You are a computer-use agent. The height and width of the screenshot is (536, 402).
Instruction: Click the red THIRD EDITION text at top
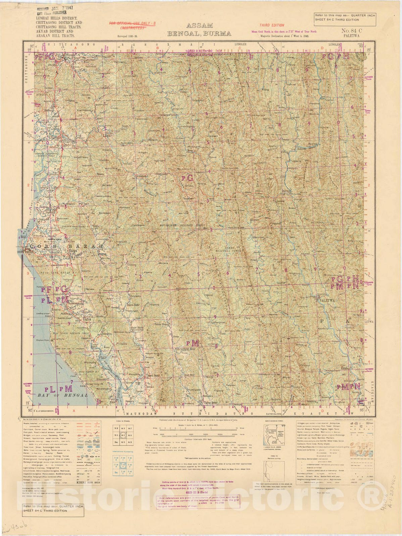pos(271,25)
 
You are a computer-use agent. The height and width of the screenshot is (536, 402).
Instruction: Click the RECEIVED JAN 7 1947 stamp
pos(55,8)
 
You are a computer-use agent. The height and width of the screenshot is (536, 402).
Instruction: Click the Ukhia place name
pos(87,319)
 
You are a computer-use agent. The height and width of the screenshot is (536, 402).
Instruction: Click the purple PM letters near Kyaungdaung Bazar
pos(193,343)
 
